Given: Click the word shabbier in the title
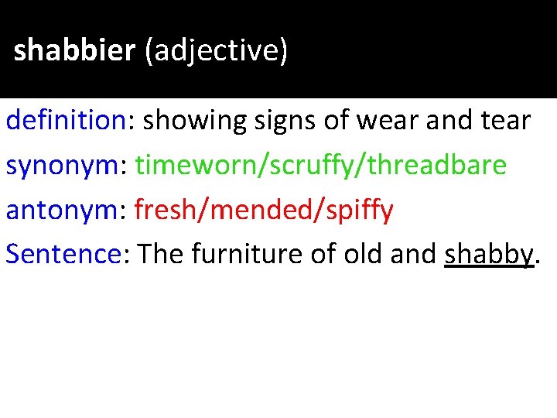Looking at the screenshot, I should [74, 51].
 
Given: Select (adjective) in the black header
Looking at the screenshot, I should [216, 51].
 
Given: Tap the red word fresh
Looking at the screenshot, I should [162, 210].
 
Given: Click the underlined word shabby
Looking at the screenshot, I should [490, 254].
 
